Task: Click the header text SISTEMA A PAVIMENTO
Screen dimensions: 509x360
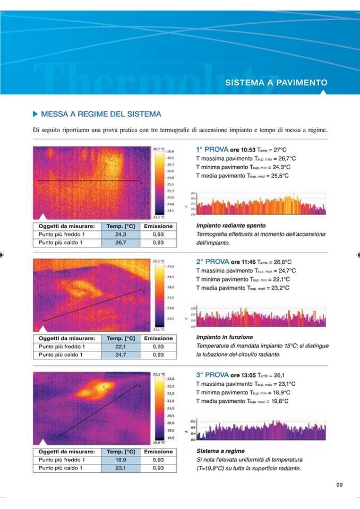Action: (276, 83)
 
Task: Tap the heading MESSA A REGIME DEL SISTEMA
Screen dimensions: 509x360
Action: (101, 114)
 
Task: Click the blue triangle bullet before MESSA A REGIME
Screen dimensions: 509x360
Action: (36, 114)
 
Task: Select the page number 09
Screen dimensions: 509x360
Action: (340, 485)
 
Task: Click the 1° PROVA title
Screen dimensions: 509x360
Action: (212, 150)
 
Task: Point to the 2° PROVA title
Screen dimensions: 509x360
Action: (212, 262)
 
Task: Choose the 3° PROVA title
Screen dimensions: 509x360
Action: (212, 374)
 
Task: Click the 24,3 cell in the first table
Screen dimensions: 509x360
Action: (121, 234)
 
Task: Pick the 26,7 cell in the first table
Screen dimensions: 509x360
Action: (121, 243)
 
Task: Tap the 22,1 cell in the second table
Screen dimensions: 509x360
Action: (121, 347)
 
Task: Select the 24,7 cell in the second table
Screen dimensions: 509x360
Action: (121, 355)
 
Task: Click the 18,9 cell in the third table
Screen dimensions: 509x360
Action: (121, 460)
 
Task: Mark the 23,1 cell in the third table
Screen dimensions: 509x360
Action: (121, 468)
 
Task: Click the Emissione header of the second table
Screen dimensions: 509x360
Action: (158, 338)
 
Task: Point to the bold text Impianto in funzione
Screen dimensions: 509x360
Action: (225, 337)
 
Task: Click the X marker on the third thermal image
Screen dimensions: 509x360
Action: (104, 387)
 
